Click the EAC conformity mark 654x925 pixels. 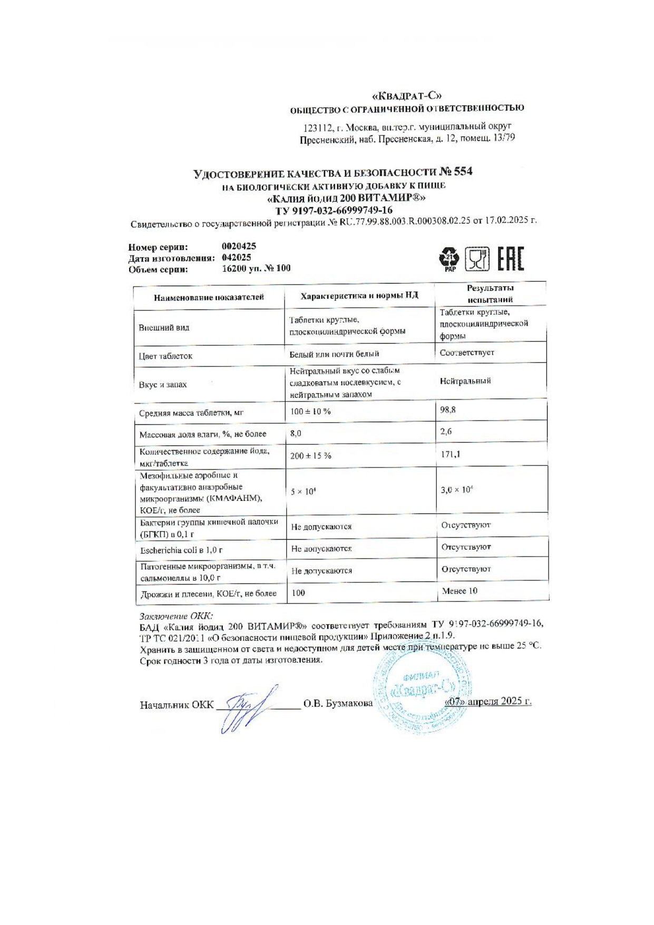[511, 259]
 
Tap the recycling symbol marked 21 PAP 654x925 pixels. [450, 259]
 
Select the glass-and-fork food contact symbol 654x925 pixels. [477, 259]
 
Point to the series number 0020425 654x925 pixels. [239, 246]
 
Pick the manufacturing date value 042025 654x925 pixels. [237, 257]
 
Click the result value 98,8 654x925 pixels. [448, 410]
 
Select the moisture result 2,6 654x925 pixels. [446, 432]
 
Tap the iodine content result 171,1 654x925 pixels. [450, 454]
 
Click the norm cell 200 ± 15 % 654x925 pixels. [310, 455]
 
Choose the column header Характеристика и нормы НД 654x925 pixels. [359, 296]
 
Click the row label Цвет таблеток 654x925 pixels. [165, 356]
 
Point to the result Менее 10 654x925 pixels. [460, 591]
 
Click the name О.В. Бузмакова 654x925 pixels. [338, 703]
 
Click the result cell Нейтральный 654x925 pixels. [465, 381]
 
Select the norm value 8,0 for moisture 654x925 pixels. [296, 433]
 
